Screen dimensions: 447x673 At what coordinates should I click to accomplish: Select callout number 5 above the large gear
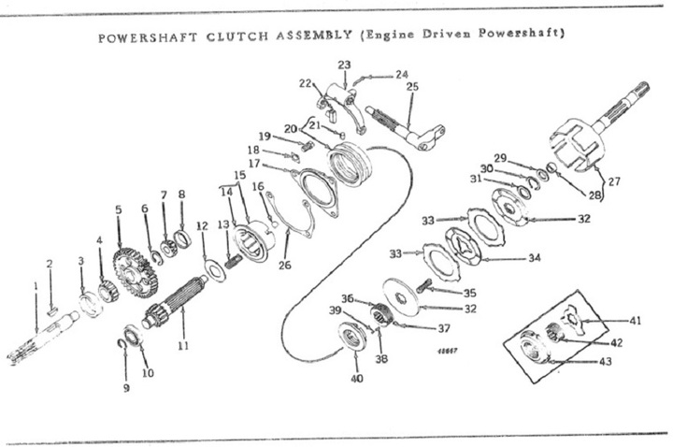[x=119, y=209]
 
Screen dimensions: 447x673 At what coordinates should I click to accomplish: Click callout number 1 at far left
[x=36, y=285]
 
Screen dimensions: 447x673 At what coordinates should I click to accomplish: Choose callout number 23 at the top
[x=344, y=65]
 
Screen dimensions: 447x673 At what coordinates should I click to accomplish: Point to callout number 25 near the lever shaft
[x=412, y=87]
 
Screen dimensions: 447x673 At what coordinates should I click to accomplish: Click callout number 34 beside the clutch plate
[x=535, y=258]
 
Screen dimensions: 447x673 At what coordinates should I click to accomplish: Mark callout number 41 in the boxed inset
[x=636, y=321]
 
